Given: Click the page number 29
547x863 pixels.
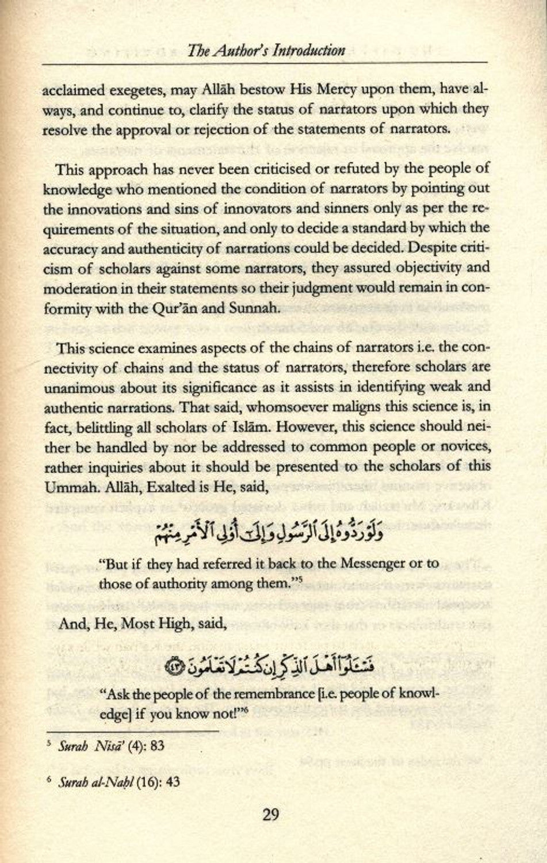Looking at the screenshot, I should coord(270,815).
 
